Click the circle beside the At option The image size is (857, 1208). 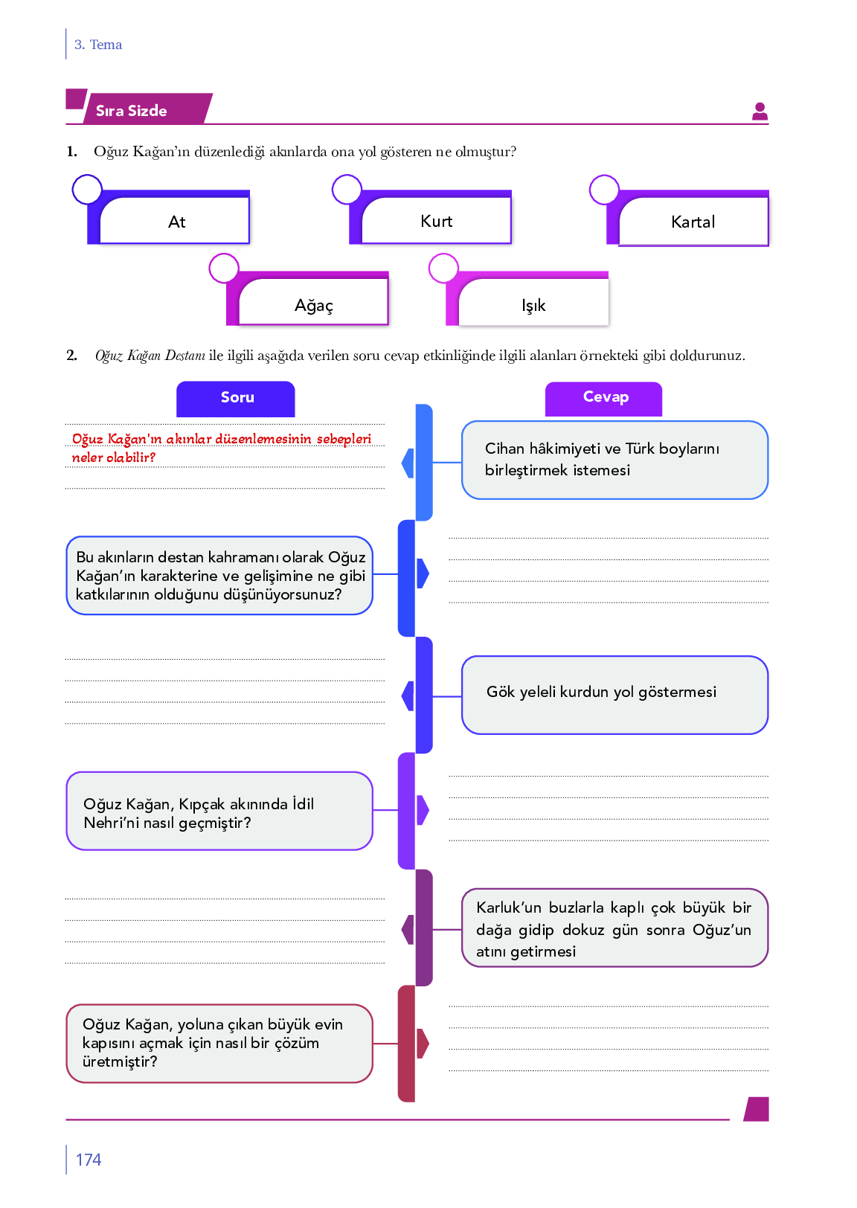(87, 190)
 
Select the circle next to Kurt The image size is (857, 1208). (347, 190)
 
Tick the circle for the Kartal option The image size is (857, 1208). (604, 190)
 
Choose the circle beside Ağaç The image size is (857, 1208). (224, 269)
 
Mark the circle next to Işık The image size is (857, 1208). (443, 269)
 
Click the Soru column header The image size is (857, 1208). (237, 398)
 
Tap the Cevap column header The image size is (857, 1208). (605, 398)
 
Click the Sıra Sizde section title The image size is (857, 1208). (132, 111)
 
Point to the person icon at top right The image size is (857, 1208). (760, 112)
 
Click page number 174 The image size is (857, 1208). (89, 1160)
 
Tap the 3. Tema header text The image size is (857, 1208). (98, 45)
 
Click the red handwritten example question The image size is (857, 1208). (221, 448)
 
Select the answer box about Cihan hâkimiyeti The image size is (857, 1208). (614, 460)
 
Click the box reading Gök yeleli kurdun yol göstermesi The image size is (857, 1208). (614, 695)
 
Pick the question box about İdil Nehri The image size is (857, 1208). (219, 812)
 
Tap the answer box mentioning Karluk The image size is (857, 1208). (614, 928)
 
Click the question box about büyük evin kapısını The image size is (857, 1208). (219, 1043)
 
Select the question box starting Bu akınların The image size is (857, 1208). (219, 576)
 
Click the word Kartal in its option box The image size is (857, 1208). (693, 222)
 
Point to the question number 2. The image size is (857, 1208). (71, 356)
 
